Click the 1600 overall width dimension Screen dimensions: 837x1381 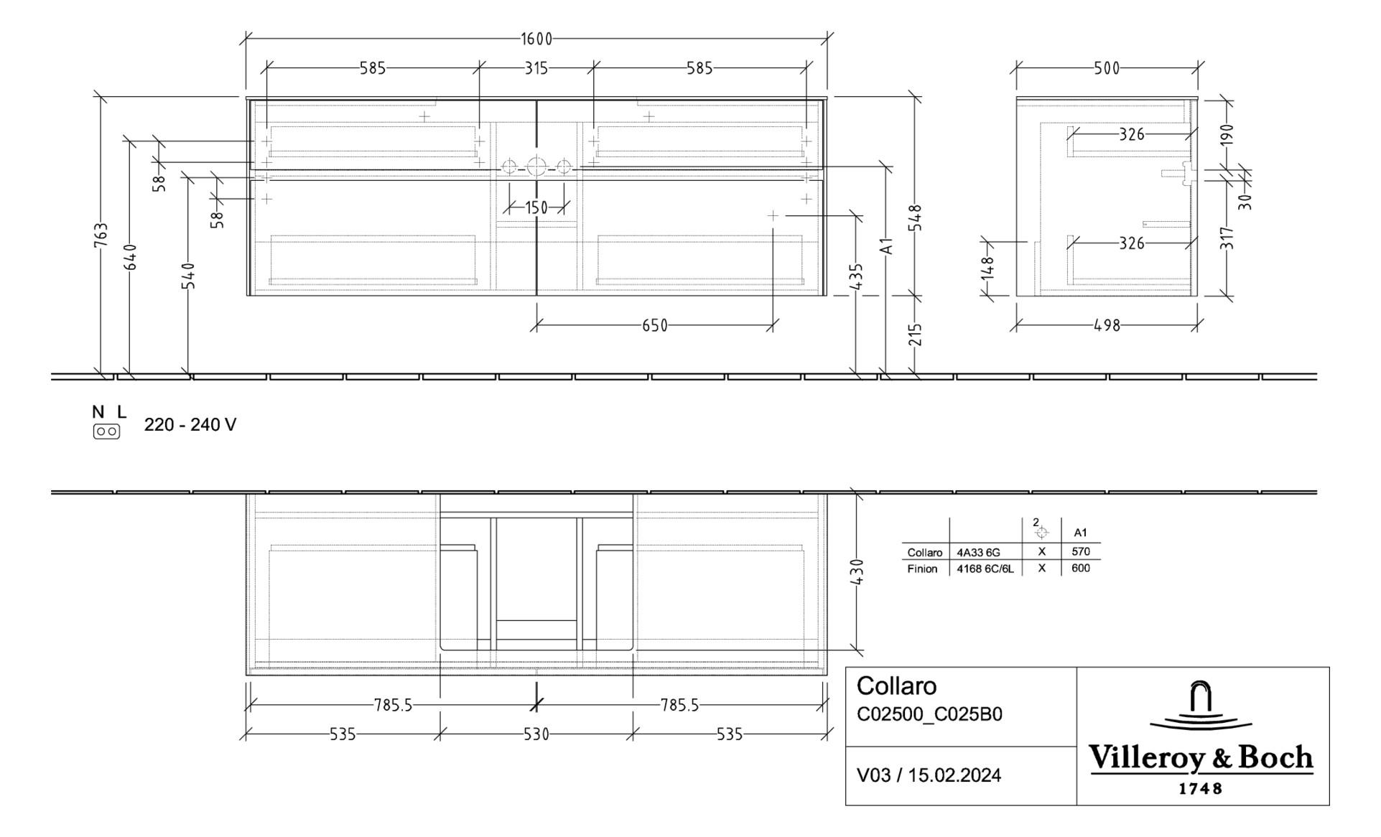(536, 39)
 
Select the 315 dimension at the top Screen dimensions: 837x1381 (536, 68)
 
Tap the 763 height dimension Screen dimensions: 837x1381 (101, 235)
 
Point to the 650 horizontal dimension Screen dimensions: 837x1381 (654, 326)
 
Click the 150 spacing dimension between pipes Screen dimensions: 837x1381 (536, 208)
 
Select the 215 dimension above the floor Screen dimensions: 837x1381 (915, 335)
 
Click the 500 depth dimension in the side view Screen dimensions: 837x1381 (1107, 68)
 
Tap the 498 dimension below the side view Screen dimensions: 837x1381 (1107, 326)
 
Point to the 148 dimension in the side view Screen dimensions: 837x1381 (988, 268)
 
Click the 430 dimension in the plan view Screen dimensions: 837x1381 (856, 571)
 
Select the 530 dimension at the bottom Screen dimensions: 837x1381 (536, 734)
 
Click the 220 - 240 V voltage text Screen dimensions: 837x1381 (190, 425)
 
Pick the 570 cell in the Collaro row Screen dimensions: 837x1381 (1080, 551)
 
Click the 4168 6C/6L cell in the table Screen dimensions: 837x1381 (985, 569)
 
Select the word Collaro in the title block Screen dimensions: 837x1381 (896, 686)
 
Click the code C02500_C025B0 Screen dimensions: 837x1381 (929, 715)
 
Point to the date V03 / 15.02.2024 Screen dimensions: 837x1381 (929, 775)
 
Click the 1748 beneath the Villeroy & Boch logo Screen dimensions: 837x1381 (1200, 789)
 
